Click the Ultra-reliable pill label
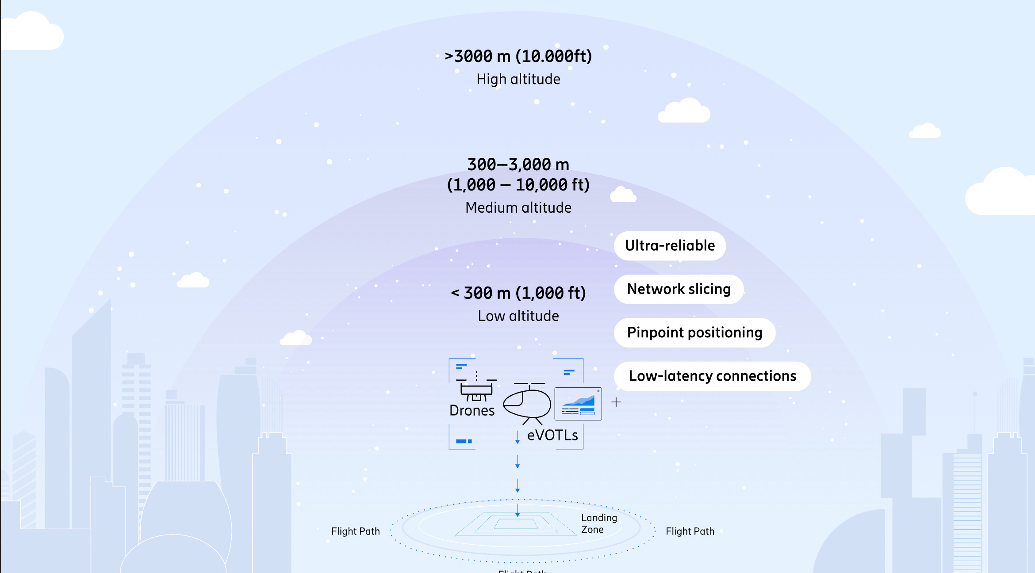(x=670, y=246)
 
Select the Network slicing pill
(x=678, y=289)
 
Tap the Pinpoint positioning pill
(x=694, y=332)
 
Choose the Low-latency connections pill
(x=712, y=376)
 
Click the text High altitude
(x=518, y=79)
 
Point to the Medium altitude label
(x=518, y=208)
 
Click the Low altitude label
(x=518, y=316)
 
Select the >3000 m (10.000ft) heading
(x=518, y=56)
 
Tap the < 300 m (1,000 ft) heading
(x=518, y=293)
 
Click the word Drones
(x=471, y=411)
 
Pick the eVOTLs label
(x=552, y=435)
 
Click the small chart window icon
(x=578, y=404)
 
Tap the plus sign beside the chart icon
(x=616, y=402)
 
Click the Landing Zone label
(x=598, y=524)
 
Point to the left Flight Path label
(x=356, y=531)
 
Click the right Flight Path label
(x=690, y=531)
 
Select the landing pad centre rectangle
(x=516, y=524)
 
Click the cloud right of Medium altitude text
(x=623, y=195)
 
